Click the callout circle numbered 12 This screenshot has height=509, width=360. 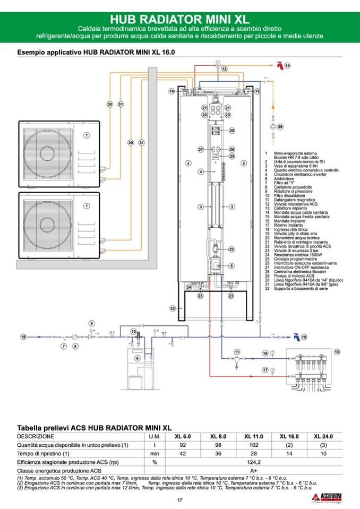(224, 69)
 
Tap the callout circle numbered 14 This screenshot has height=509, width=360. (288, 66)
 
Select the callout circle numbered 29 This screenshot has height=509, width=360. (280, 126)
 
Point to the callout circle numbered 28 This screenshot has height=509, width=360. (232, 130)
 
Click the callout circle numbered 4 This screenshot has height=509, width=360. (201, 171)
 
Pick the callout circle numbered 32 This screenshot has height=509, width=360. (173, 308)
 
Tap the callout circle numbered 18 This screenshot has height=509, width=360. (23, 337)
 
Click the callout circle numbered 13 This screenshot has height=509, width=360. (337, 351)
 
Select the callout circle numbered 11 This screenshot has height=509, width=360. (237, 351)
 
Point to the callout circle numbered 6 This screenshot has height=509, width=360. (138, 358)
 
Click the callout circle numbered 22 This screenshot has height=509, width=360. (232, 248)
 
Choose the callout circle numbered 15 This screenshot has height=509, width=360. (304, 337)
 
